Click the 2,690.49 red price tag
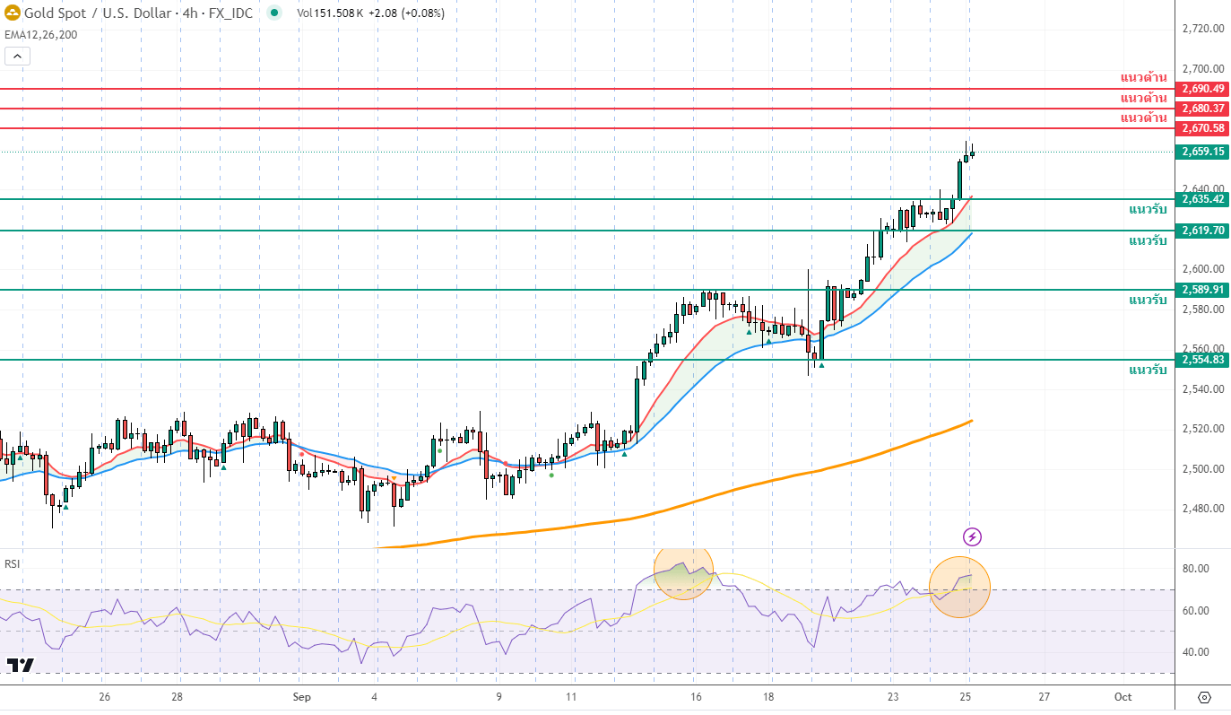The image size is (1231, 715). tap(1202, 89)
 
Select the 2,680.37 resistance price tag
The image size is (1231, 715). tap(1202, 109)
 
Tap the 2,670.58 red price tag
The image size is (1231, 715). tap(1202, 128)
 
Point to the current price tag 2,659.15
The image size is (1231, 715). tap(1202, 152)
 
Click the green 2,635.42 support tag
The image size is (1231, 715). tap(1202, 199)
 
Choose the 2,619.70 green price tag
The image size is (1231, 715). tap(1202, 231)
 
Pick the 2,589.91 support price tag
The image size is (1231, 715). tap(1202, 290)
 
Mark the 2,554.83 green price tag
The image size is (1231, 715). tap(1202, 360)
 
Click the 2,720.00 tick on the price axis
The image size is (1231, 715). tap(1202, 29)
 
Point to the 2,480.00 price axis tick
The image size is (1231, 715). tap(1202, 509)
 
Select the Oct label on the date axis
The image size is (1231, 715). tap(1123, 697)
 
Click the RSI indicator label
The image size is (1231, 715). tap(13, 564)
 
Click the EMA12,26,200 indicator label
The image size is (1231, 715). tap(40, 35)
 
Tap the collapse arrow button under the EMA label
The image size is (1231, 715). tap(17, 56)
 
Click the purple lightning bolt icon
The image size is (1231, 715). tap(972, 537)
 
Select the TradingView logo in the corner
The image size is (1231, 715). tap(21, 665)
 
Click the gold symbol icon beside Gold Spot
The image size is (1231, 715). tap(13, 13)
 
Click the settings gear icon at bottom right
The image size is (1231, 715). tap(1204, 697)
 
